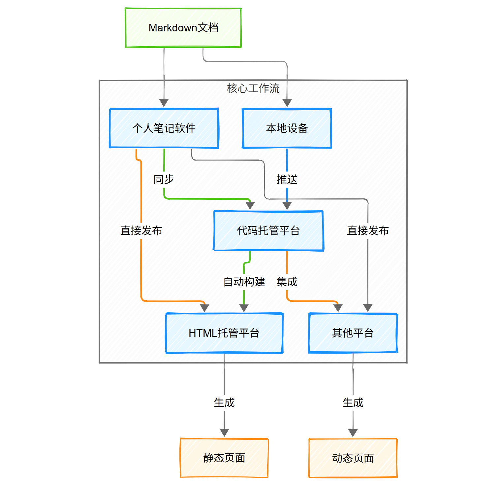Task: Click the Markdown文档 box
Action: (183, 28)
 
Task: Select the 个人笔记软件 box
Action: (164, 128)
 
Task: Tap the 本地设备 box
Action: (287, 128)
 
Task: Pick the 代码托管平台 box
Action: (268, 230)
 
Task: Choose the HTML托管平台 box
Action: (224, 333)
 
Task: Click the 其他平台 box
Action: (353, 333)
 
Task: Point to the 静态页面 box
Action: (224, 458)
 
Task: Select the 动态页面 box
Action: (353, 458)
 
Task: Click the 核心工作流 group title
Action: (253, 88)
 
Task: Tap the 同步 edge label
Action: (164, 179)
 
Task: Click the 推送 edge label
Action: (287, 179)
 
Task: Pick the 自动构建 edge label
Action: (244, 282)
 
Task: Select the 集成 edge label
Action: (287, 282)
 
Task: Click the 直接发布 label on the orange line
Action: (141, 230)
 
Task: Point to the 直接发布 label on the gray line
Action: (368, 230)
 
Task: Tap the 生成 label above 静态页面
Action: (224, 402)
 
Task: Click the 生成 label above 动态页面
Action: (353, 402)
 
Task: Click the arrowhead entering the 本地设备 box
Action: (287, 103)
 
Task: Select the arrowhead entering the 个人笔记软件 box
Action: (164, 103)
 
